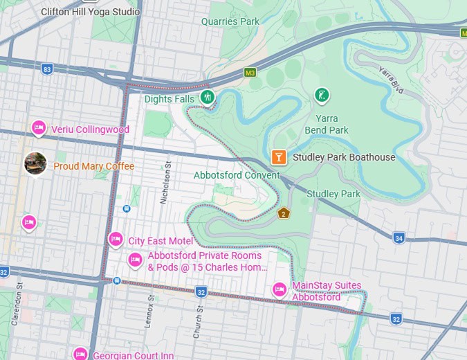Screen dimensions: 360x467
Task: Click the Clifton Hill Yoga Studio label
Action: pyautogui.click(x=90, y=12)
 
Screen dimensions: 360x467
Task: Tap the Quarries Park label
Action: pyautogui.click(x=230, y=21)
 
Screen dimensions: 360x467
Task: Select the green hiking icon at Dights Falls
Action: pyautogui.click(x=206, y=98)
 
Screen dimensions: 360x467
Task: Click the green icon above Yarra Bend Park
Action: pyautogui.click(x=321, y=95)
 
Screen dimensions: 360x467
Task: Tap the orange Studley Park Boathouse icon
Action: pyautogui.click(x=279, y=158)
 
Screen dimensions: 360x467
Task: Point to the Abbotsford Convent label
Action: pyautogui.click(x=237, y=175)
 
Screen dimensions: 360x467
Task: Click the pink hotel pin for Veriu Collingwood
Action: pyautogui.click(x=39, y=128)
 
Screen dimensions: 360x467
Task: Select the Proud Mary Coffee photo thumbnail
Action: pyautogui.click(x=35, y=164)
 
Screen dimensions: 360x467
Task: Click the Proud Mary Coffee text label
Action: pyautogui.click(x=94, y=167)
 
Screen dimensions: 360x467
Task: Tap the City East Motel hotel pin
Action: pyautogui.click(x=116, y=240)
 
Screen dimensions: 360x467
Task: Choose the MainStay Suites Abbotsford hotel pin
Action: pyautogui.click(x=280, y=289)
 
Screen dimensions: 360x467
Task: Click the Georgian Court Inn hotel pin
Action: pyautogui.click(x=80, y=354)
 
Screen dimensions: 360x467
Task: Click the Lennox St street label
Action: pyautogui.click(x=150, y=305)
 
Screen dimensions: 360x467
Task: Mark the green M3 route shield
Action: pyautogui.click(x=250, y=72)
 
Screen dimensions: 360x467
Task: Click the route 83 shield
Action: pyautogui.click(x=47, y=69)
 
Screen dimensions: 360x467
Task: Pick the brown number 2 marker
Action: pyautogui.click(x=283, y=213)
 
